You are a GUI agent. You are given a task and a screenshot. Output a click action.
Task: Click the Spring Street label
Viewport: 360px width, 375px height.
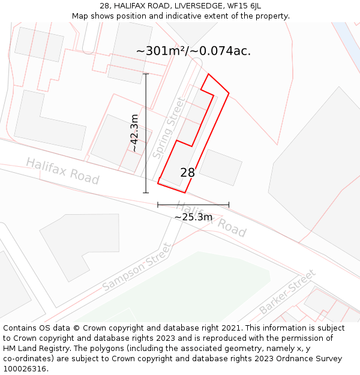[x=169, y=128]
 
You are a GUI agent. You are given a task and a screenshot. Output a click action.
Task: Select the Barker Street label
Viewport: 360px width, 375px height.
[x=287, y=292]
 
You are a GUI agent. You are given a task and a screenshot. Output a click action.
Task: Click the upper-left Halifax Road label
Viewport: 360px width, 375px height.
[x=62, y=171]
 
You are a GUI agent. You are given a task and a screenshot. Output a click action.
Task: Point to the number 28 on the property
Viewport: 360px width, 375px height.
[x=187, y=173]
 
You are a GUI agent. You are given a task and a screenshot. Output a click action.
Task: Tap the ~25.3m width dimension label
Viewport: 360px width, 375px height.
[x=193, y=217]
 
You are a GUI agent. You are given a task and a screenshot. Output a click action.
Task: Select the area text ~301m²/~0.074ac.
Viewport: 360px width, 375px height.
[x=193, y=51]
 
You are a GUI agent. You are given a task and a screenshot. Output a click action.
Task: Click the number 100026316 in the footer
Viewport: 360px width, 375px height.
[x=25, y=368]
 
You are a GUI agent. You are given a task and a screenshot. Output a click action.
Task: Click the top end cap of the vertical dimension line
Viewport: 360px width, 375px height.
[x=146, y=74]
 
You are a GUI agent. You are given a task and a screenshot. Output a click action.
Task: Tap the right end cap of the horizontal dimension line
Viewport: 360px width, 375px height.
[x=229, y=205]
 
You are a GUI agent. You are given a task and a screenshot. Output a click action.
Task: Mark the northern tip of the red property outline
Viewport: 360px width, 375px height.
[x=208, y=74]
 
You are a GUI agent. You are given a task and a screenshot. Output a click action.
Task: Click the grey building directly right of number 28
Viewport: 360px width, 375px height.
[x=220, y=167]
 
